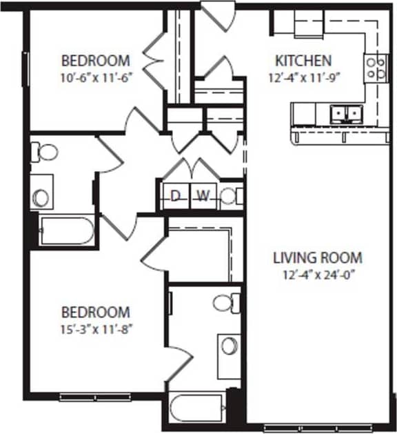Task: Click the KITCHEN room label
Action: [303, 60]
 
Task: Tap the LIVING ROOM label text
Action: [318, 258]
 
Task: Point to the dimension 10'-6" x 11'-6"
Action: [96, 77]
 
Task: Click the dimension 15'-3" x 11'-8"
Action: [96, 328]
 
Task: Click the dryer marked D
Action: [175, 196]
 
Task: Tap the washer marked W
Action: [202, 196]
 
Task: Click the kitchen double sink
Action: [346, 112]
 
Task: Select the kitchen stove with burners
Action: [376, 68]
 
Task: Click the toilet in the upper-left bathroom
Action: [45, 150]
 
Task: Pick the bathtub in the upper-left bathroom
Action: [65, 231]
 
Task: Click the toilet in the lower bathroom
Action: [225, 302]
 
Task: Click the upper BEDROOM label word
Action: [96, 60]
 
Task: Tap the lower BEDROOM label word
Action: [96, 312]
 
